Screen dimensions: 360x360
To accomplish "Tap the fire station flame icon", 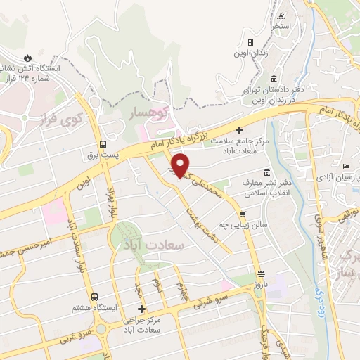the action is tap(27, 57).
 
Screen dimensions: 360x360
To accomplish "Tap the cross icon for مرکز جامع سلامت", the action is tap(239, 131).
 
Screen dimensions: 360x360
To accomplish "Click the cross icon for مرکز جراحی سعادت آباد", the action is tap(142, 308).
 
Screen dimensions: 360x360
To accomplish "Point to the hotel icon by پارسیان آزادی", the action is tap(345, 166).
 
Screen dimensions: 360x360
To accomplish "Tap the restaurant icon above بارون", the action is tap(261, 274).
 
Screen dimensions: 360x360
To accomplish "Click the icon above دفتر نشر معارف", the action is tap(266, 173).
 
